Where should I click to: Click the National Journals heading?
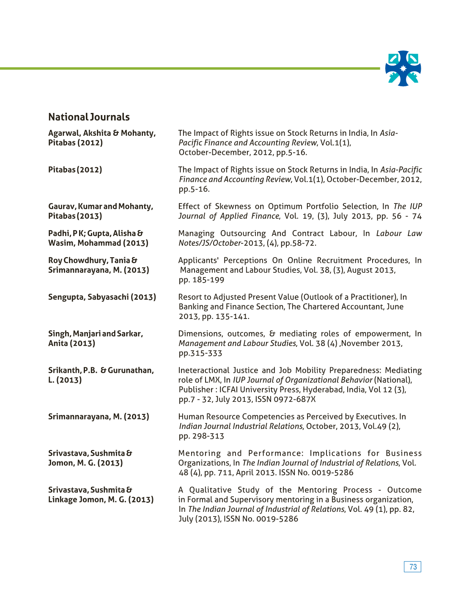[x=89, y=117]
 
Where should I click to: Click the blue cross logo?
[x=403, y=69]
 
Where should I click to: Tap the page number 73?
[x=413, y=567]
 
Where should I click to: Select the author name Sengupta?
[x=67, y=297]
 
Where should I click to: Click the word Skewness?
[x=233, y=206]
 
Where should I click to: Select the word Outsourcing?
[x=243, y=234]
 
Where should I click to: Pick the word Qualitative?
[x=210, y=490]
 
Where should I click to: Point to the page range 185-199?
[x=208, y=280]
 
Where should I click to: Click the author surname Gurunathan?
[x=130, y=371]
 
